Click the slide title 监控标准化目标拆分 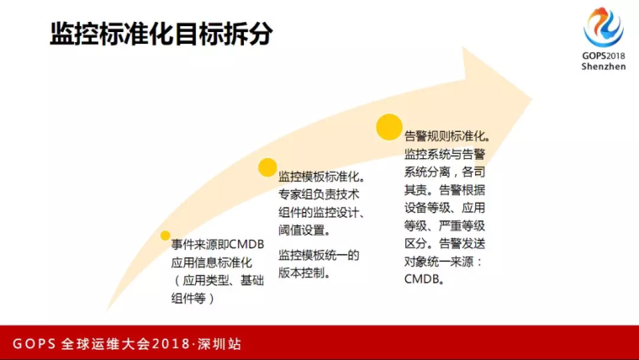pos(161,34)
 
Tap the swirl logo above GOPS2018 pos(604,27)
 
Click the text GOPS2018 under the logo pos(604,56)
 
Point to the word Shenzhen pos(604,66)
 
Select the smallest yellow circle pos(165,236)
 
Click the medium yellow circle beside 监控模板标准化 pos(267,167)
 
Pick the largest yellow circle pos(389,127)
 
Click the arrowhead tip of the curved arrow pos(532,99)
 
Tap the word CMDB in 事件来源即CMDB pos(246,244)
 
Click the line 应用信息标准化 pos(212,262)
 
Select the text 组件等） pos(193,299)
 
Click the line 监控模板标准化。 pos(322,177)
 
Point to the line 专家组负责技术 pos(319,194)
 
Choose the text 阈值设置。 pos(305,230)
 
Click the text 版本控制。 pos(305,273)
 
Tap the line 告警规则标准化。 pos(447,136)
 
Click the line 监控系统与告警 pos(445,154)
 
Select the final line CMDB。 pos(425,279)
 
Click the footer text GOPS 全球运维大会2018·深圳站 pos(127,344)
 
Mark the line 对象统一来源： pos(443,262)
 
